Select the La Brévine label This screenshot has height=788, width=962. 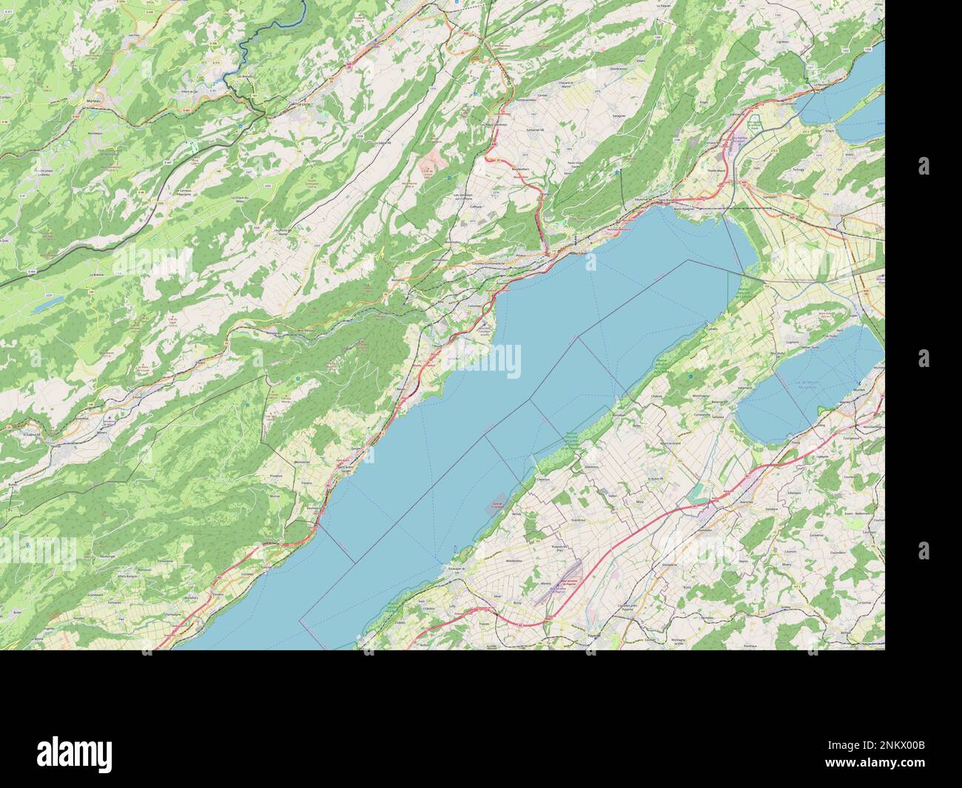(96, 275)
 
